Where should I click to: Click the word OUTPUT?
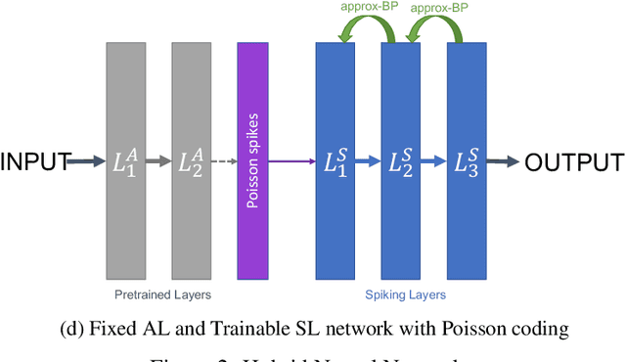pyautogui.click(x=573, y=163)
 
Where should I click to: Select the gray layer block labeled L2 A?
pyautogui.click(x=191, y=196)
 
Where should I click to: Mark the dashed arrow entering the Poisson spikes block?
pyautogui.click(x=224, y=162)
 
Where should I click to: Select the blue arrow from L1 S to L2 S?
pyautogui.click(x=368, y=162)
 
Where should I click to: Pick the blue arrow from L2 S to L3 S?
pyautogui.click(x=433, y=162)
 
